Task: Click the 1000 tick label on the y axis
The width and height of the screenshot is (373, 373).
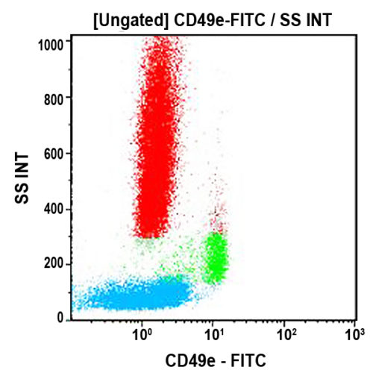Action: tap(52, 44)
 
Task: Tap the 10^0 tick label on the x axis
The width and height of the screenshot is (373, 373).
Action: tap(142, 329)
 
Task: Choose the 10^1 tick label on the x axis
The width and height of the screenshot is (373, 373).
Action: tap(213, 329)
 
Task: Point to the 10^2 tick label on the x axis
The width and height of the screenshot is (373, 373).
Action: tap(284, 329)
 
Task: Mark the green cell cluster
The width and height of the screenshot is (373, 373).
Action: tap(216, 258)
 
